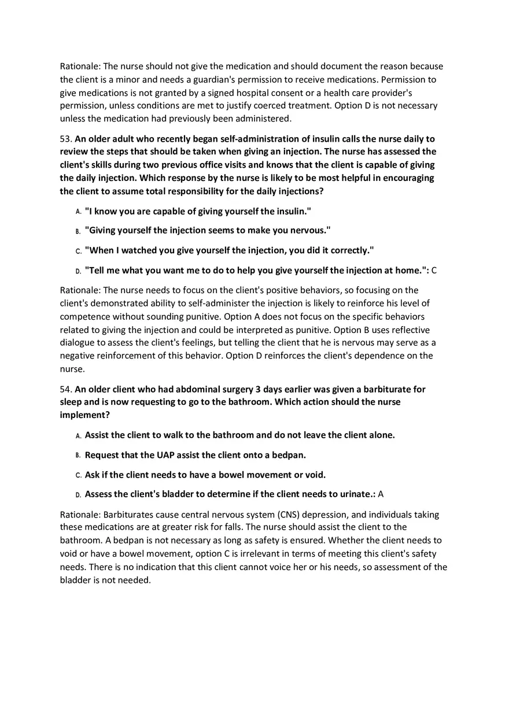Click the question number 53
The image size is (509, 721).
click(x=65, y=139)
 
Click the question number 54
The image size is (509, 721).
click(x=65, y=389)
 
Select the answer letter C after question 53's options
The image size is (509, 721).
click(x=434, y=270)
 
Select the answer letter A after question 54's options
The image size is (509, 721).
click(x=381, y=494)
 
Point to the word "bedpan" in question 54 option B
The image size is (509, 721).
click(x=289, y=454)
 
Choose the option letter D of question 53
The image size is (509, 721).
click(x=78, y=271)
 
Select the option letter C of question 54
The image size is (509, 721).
click(x=78, y=475)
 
